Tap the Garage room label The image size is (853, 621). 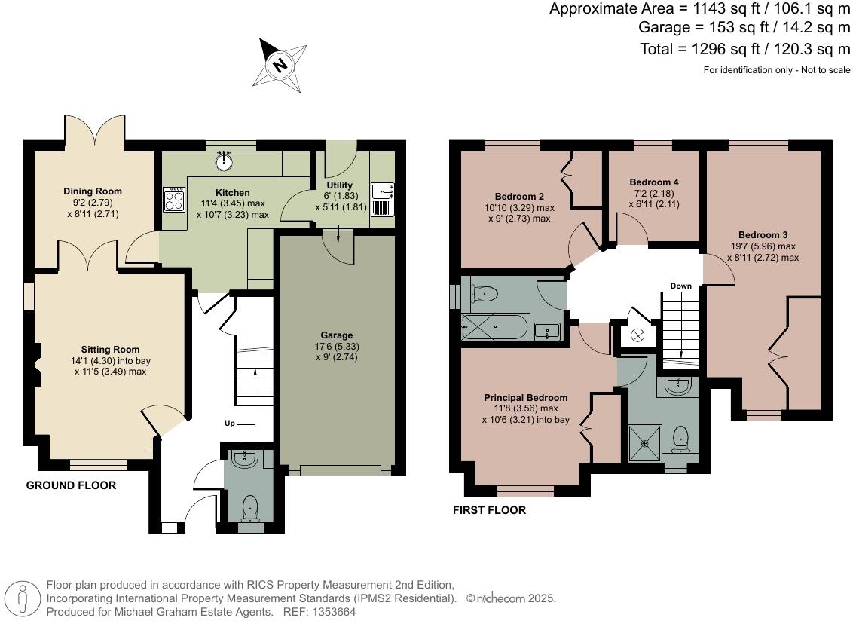click(x=335, y=335)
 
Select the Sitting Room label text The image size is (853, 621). click(x=111, y=350)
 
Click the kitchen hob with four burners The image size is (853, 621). click(x=174, y=199)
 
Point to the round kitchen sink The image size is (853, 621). click(x=224, y=160)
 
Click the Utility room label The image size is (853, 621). click(x=339, y=185)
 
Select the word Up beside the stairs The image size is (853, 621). click(x=230, y=423)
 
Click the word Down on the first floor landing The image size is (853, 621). click(x=680, y=286)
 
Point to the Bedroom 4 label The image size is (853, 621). click(x=654, y=182)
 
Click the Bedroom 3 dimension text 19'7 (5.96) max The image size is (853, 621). click(x=763, y=246)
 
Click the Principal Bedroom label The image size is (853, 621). click(x=526, y=398)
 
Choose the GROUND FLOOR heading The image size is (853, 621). click(x=72, y=485)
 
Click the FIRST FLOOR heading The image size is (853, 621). click(x=489, y=510)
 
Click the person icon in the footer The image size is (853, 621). click(x=23, y=599)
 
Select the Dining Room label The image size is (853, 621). click(x=93, y=191)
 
